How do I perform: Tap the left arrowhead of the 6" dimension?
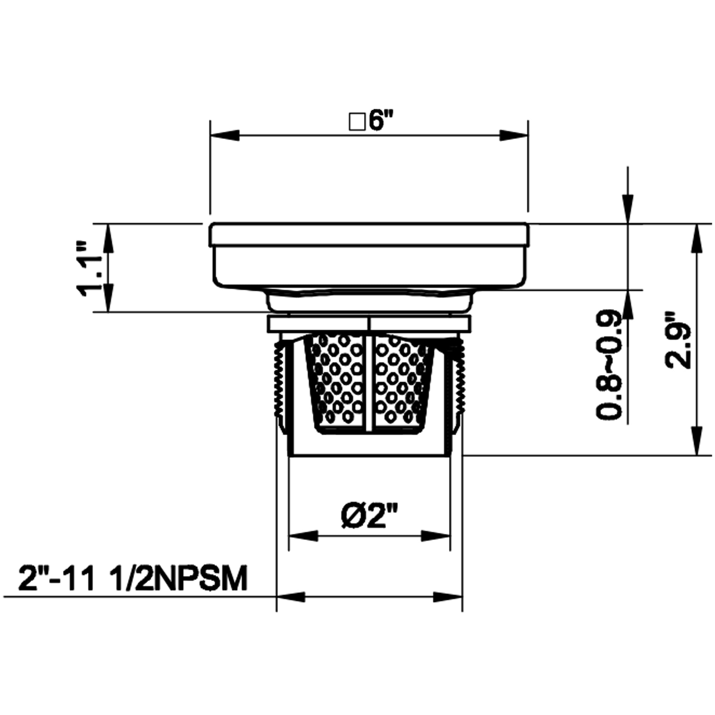click(225, 135)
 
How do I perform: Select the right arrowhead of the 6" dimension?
click(513, 135)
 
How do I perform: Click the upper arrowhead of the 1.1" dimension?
click(108, 239)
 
